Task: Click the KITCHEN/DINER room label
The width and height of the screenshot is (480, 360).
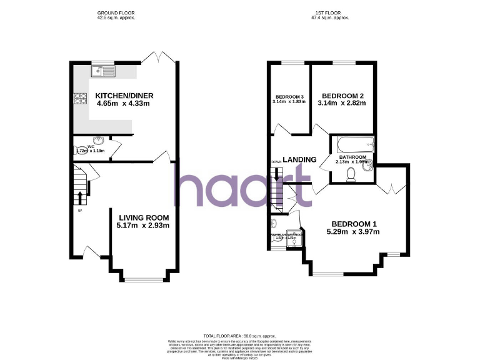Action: (x=124, y=96)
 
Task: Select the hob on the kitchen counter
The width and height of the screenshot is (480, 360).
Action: (x=81, y=98)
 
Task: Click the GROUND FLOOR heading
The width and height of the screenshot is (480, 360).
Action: (x=116, y=13)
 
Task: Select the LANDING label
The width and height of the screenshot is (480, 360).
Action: (x=299, y=159)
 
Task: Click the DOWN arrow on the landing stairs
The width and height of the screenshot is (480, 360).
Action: (x=277, y=177)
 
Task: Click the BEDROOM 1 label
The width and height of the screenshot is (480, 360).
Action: (x=354, y=224)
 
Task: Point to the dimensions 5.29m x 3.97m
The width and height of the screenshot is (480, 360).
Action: (x=354, y=232)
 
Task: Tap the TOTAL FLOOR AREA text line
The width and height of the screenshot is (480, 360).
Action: (x=240, y=336)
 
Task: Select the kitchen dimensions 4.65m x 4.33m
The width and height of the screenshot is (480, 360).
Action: (x=124, y=104)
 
